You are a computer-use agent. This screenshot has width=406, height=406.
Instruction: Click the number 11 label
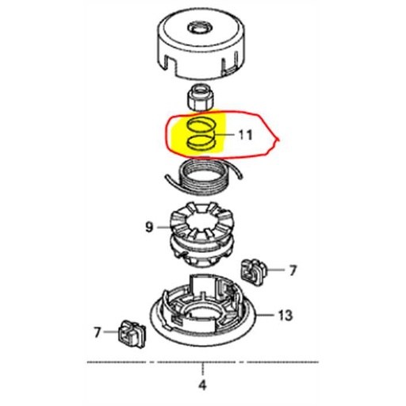pos(245,135)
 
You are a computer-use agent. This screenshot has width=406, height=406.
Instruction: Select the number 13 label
pos(285,315)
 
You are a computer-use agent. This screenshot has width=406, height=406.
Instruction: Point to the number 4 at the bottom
pos(202,386)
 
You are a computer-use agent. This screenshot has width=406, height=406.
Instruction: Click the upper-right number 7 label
pos(292,270)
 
